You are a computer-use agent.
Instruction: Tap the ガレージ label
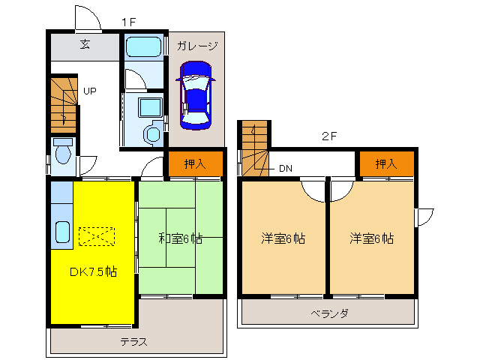pos(197,46)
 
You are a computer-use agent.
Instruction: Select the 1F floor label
pos(128,22)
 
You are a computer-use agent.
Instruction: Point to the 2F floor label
pos(328,136)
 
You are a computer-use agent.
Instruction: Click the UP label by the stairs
pos(90,92)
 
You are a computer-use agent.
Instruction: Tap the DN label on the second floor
pos(285,169)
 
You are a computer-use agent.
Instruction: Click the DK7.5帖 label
pos(93,271)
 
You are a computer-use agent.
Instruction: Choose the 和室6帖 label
pos(180,239)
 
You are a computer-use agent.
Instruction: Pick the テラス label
pos(133,342)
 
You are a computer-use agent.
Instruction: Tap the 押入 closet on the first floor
pos(194,164)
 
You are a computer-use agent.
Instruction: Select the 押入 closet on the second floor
pos(386,163)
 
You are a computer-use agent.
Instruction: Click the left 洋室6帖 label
pos(283,239)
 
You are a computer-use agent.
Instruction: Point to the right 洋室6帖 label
pos(371,239)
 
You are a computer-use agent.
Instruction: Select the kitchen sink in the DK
pos(62,232)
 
